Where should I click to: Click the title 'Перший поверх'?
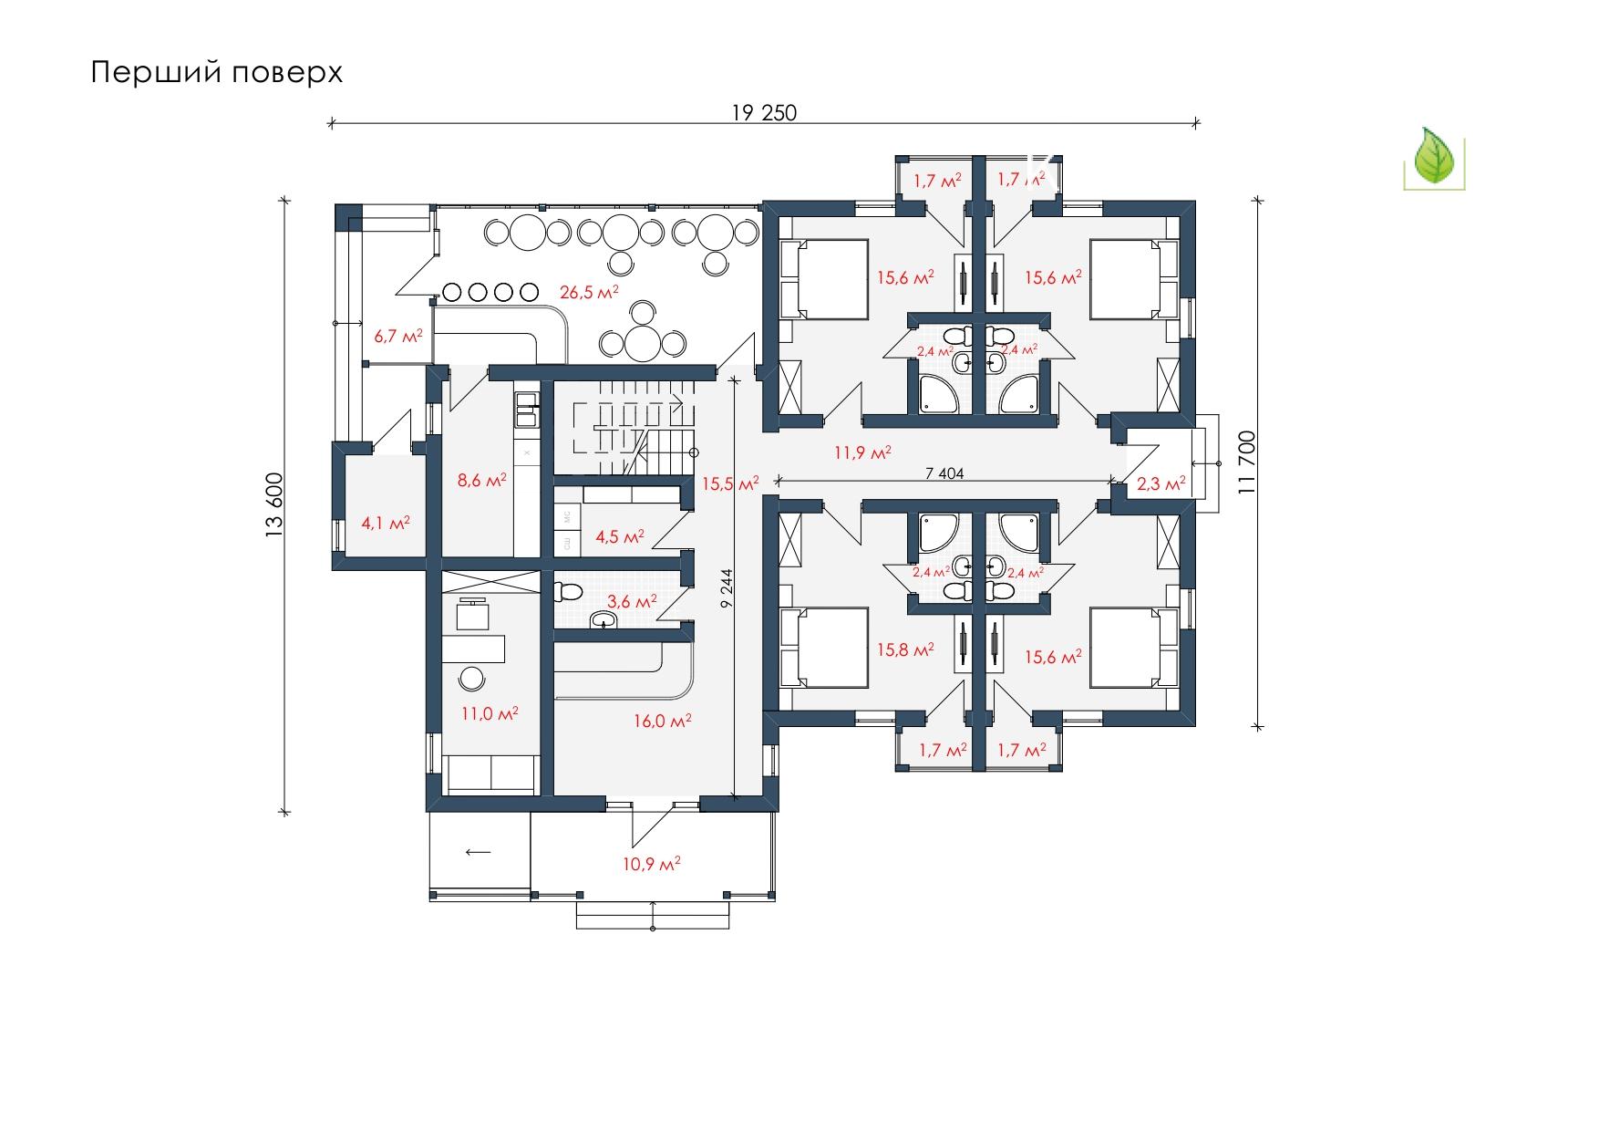217,73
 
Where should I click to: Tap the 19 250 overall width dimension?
764,112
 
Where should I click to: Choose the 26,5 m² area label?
589,293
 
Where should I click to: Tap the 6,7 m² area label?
398,337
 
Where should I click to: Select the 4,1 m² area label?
385,523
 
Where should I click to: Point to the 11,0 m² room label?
490,713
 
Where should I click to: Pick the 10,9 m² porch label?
652,863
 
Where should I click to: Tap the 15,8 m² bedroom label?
905,650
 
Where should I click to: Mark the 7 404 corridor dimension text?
944,473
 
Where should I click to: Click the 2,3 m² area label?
1161,483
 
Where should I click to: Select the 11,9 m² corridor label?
862,452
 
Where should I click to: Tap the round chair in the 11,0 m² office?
472,679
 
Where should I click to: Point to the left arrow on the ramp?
479,852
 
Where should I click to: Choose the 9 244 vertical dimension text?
727,588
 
